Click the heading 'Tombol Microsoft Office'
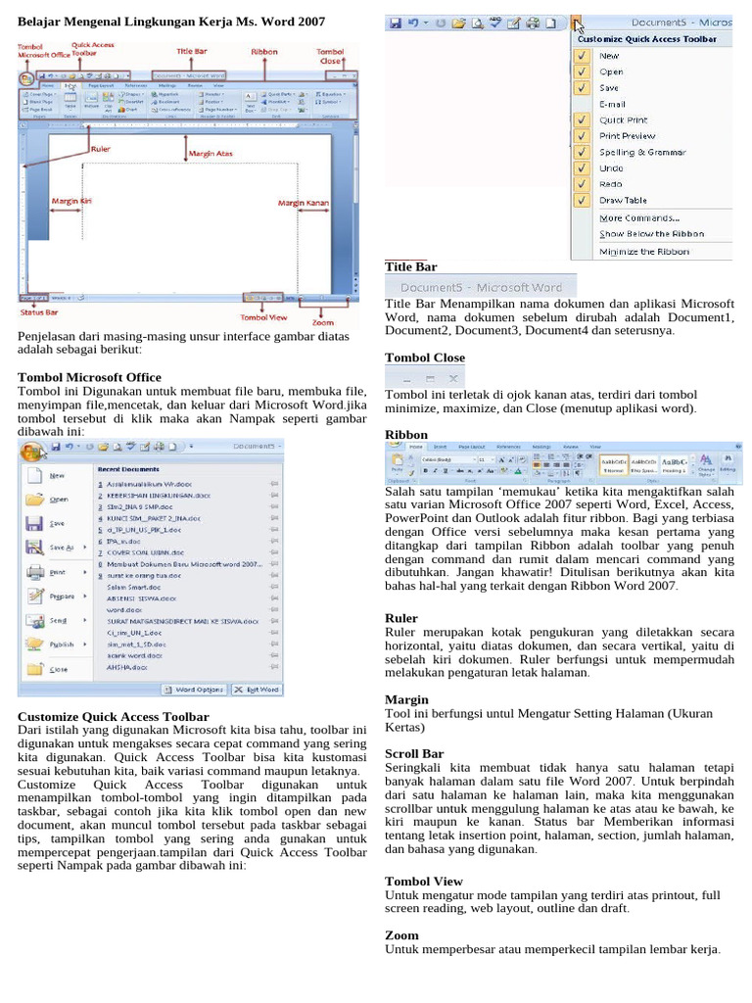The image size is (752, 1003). (x=89, y=377)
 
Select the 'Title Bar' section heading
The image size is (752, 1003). (x=411, y=266)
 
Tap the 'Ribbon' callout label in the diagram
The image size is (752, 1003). (x=264, y=51)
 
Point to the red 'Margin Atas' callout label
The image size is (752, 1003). (x=211, y=154)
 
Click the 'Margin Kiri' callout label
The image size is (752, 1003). (x=71, y=201)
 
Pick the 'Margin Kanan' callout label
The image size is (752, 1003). (x=304, y=203)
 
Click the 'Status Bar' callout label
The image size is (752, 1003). (x=39, y=312)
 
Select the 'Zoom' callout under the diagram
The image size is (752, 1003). (x=322, y=322)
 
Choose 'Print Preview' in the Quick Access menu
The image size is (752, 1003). (x=627, y=136)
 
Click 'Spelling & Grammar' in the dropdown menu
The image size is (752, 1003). (x=641, y=152)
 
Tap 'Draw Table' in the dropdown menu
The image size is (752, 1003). (x=624, y=201)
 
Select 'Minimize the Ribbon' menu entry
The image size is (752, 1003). (x=643, y=251)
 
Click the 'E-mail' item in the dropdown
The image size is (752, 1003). (x=612, y=104)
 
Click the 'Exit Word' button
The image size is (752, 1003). (x=257, y=690)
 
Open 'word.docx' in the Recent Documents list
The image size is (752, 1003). (x=122, y=609)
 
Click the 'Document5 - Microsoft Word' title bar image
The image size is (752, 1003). (x=481, y=287)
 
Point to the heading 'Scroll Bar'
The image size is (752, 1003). (x=414, y=754)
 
